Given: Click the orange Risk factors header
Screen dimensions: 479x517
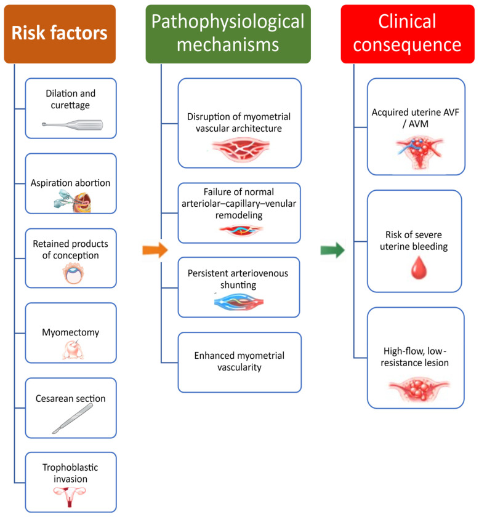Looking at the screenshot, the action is click(60, 34).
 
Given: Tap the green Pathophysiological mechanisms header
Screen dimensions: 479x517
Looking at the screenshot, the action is click(228, 34).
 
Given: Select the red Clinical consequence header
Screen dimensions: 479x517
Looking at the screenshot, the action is click(408, 34).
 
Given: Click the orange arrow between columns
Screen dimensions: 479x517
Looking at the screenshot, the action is click(155, 250).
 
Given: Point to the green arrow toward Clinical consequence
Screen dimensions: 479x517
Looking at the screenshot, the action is click(332, 250).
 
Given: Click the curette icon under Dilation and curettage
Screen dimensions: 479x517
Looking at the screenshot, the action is click(72, 125).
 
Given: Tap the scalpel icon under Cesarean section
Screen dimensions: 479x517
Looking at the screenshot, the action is click(73, 419).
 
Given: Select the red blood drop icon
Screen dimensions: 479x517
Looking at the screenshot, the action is click(419, 267).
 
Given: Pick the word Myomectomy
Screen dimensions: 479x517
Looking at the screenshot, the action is click(70, 332).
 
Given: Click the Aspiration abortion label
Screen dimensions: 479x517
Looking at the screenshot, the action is click(70, 183).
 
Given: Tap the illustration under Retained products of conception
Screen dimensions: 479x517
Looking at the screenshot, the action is click(73, 274).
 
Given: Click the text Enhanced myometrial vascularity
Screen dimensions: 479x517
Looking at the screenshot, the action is click(239, 361).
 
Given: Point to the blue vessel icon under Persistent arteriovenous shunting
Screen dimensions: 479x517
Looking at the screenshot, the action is click(239, 302).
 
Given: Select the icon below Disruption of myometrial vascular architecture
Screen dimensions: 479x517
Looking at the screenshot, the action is click(241, 150).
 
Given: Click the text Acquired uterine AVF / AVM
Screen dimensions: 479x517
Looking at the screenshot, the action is click(416, 118).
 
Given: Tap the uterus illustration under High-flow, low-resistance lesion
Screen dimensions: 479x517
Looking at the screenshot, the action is click(419, 390).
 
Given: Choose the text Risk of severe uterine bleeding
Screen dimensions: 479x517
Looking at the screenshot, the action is click(414, 241).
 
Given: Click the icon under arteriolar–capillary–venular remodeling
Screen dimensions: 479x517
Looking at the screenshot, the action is click(241, 230).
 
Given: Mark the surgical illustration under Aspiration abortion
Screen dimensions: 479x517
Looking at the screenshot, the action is click(72, 202).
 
